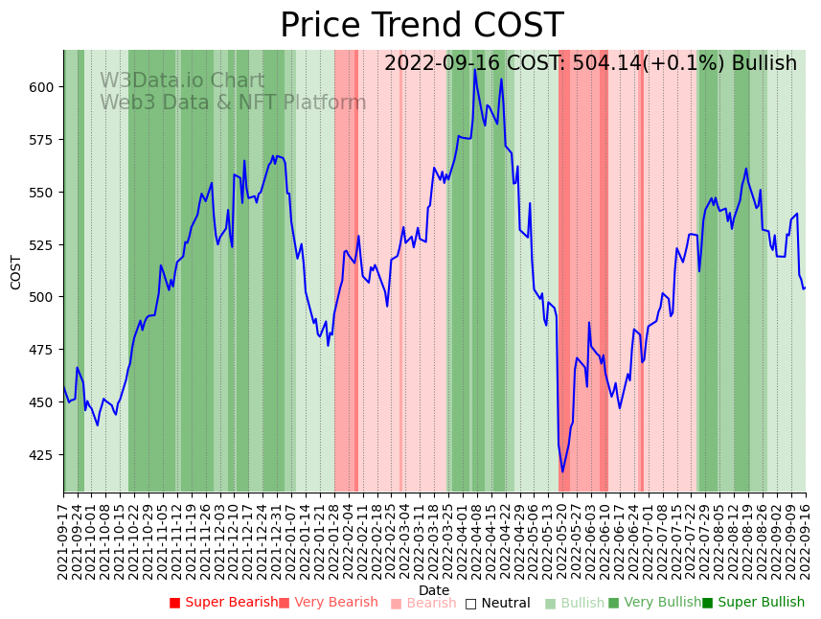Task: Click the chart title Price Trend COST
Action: (422, 26)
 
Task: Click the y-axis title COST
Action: (16, 272)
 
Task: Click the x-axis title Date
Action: (434, 591)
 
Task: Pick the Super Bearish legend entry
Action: (223, 603)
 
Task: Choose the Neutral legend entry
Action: (498, 604)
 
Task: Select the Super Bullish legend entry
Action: (754, 603)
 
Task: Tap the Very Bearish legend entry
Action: (329, 603)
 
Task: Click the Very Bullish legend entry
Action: (655, 603)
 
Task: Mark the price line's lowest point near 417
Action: (562, 471)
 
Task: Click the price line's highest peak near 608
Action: (474, 70)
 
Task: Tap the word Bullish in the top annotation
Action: (764, 64)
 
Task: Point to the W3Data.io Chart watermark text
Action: (182, 81)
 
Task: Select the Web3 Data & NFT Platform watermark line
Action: (233, 103)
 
